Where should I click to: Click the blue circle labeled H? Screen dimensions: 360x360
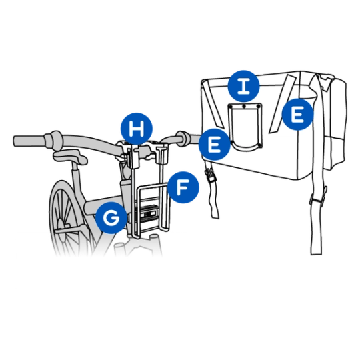click(137, 129)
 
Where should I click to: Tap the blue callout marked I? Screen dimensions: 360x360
click(243, 86)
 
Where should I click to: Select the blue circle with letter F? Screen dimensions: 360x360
click(183, 187)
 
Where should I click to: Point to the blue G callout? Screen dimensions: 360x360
click(111, 218)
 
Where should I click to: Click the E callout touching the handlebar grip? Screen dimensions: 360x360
click(215, 145)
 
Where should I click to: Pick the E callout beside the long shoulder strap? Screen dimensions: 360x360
click(297, 115)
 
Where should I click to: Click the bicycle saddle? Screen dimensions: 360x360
click(70, 156)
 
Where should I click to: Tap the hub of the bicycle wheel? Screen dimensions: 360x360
click(61, 224)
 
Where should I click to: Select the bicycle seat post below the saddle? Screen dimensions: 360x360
click(76, 175)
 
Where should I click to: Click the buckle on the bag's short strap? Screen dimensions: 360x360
click(210, 175)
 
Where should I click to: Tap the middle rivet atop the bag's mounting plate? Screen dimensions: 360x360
click(244, 106)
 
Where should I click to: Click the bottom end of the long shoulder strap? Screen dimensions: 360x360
click(316, 253)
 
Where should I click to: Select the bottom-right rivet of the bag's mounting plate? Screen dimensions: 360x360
click(259, 145)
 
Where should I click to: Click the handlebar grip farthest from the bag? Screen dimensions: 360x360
click(31, 141)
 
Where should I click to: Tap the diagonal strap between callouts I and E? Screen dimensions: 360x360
click(283, 104)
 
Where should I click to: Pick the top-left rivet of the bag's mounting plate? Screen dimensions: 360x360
click(230, 107)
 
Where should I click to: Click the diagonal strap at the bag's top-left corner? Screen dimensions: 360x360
click(213, 105)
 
